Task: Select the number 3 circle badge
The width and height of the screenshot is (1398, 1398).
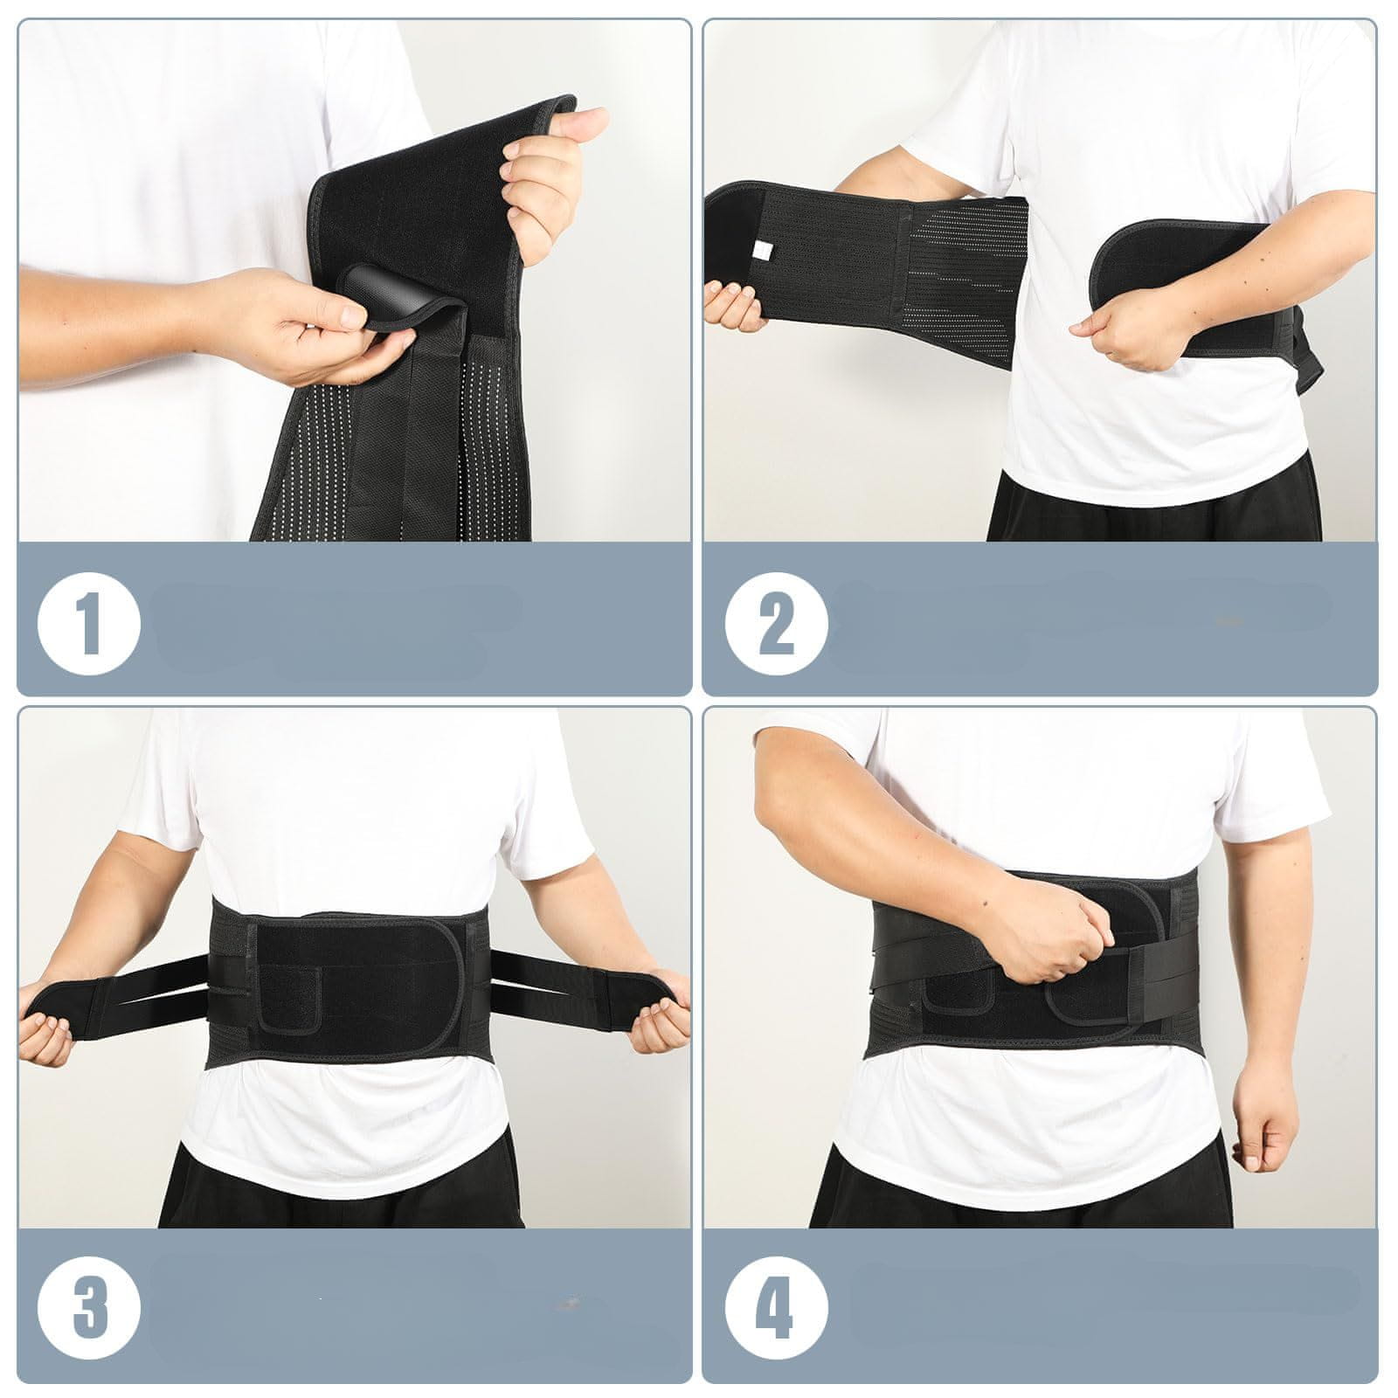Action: pos(88,1308)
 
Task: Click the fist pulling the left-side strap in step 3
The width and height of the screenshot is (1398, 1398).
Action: pos(48,1040)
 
